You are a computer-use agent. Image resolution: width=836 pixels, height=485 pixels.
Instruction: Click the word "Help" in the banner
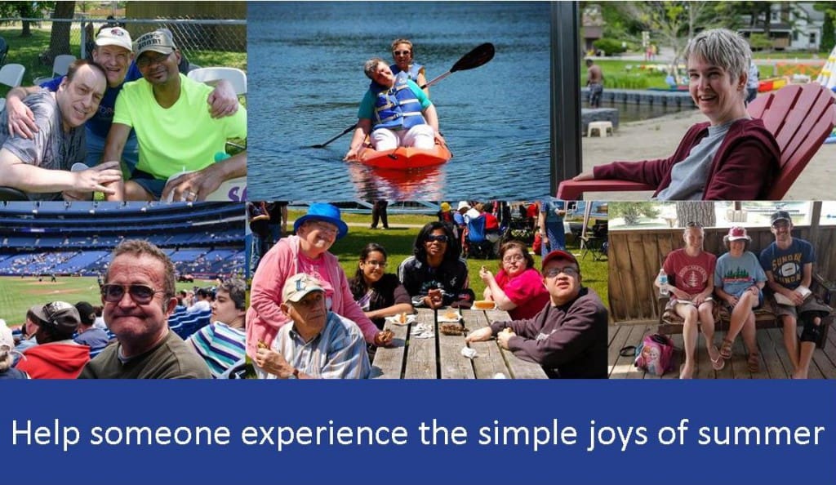point(46,434)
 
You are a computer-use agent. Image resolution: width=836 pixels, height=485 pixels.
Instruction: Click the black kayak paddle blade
point(473,57)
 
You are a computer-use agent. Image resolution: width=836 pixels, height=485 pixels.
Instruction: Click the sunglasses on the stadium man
point(131,292)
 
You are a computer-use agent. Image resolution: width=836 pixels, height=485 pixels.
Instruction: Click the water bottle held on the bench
point(663,282)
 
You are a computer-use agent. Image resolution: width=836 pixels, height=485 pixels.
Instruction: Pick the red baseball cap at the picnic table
point(558,260)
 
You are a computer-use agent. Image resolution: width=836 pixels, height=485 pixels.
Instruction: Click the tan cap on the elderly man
point(301,287)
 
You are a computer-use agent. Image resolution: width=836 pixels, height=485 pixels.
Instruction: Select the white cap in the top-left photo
point(113,38)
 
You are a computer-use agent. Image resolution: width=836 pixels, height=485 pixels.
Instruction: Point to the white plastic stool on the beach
point(600,128)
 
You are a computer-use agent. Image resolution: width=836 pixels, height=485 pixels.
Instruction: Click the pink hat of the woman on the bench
point(737,234)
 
